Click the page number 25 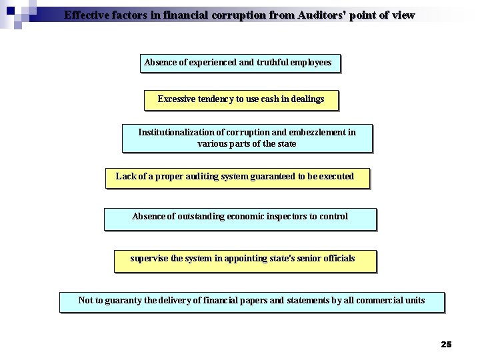446,344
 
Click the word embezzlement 313,132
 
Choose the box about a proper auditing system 237,177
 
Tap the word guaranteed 273,177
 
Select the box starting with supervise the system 245,260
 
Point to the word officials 337,258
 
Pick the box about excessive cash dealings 241,99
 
